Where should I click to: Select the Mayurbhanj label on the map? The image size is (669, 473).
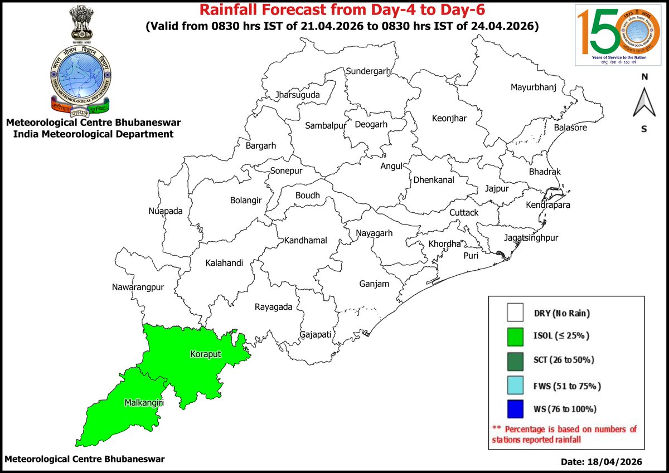coord(534,87)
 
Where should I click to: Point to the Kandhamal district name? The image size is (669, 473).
coord(306,241)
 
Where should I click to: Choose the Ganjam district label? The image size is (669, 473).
coord(374,284)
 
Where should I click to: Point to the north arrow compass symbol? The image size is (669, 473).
coord(643,103)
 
